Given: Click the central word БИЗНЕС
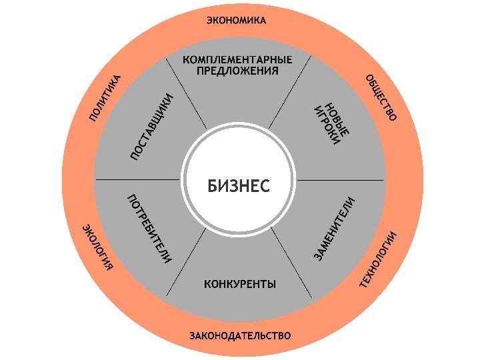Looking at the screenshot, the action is pyautogui.click(x=239, y=186).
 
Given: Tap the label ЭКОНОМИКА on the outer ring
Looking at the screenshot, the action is pyautogui.click(x=236, y=21).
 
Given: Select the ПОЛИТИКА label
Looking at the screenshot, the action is pyautogui.click(x=106, y=98).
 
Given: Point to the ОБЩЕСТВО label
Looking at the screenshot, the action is pyautogui.click(x=381, y=98).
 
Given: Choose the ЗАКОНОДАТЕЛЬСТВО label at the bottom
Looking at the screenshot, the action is pyautogui.click(x=240, y=335).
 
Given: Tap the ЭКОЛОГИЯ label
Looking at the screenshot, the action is pyautogui.click(x=97, y=248).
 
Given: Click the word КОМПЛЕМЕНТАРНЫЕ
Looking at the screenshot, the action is pyautogui.click(x=238, y=59).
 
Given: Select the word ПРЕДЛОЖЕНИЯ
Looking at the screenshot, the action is pyautogui.click(x=237, y=71).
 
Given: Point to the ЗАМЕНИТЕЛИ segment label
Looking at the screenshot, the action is pyautogui.click(x=334, y=228).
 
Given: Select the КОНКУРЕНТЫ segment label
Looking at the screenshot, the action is pyautogui.click(x=240, y=285).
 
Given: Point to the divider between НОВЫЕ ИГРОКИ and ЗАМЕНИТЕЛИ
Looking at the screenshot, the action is pyautogui.click(x=340, y=180).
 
